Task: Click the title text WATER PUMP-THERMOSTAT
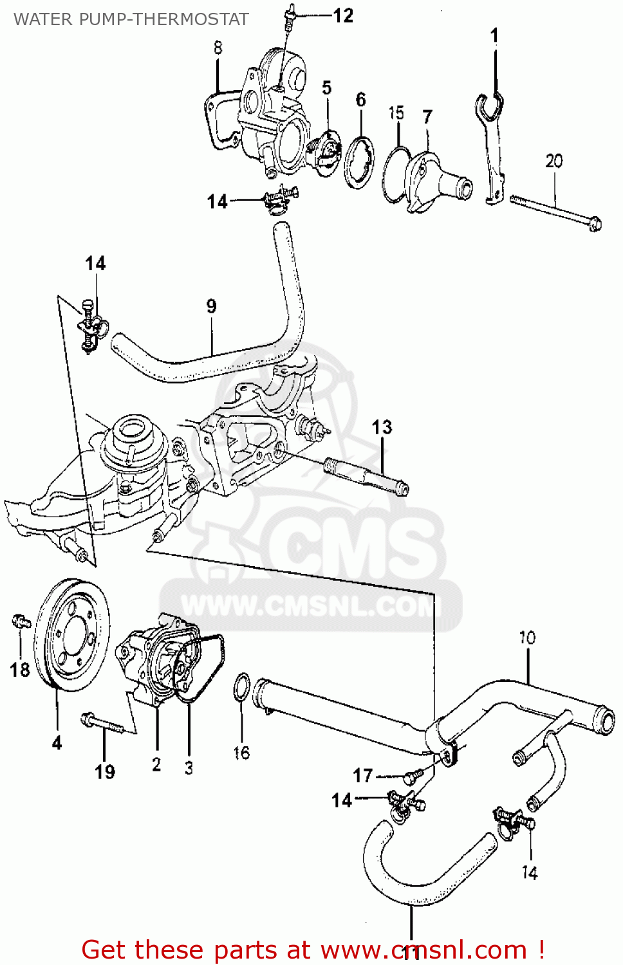(131, 19)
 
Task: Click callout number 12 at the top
(343, 15)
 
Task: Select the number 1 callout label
(494, 35)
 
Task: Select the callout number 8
(218, 48)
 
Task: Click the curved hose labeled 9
(212, 360)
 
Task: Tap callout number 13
(382, 427)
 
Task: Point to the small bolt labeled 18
(21, 621)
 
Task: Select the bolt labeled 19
(103, 723)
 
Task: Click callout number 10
(527, 638)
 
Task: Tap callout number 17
(363, 775)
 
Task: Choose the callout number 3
(189, 767)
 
